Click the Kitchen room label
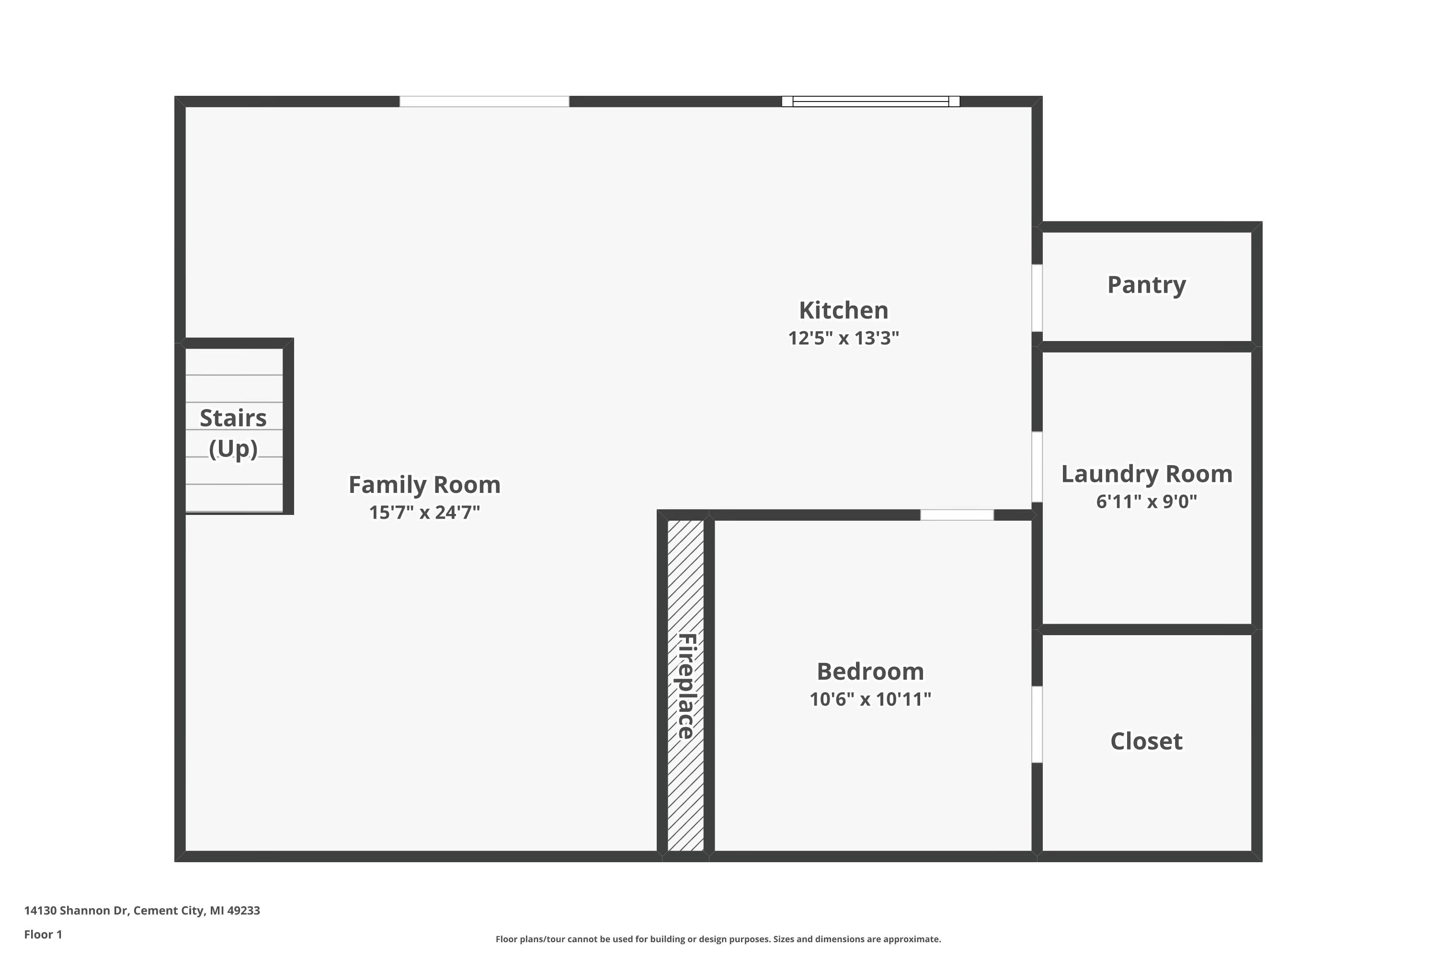tap(843, 310)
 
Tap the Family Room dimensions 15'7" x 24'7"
tap(424, 512)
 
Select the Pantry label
tap(1146, 285)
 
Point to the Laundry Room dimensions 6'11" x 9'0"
tap(1146, 502)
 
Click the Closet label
tap(1146, 741)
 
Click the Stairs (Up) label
tap(233, 433)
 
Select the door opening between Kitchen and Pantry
tap(1037, 298)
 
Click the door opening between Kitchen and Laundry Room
tap(1037, 467)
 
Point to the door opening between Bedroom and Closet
tap(1037, 725)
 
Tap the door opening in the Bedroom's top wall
tap(957, 515)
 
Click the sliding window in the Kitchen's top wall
tap(871, 102)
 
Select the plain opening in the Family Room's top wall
tap(484, 102)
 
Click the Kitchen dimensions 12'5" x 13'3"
tap(843, 338)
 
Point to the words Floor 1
tap(43, 934)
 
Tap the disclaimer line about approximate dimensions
tap(718, 939)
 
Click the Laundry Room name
tap(1146, 474)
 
